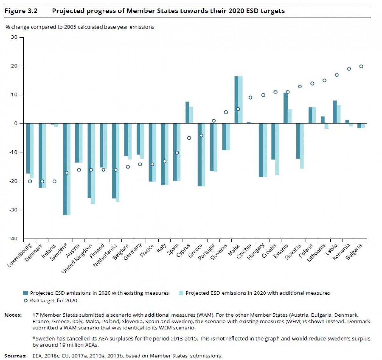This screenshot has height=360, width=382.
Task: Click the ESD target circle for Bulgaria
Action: [361, 66]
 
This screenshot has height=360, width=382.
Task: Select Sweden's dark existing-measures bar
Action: [65, 169]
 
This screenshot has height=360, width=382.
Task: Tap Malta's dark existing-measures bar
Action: [236, 100]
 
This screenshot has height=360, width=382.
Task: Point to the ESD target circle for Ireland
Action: [54, 182]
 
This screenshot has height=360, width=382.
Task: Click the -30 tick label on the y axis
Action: [13, 210]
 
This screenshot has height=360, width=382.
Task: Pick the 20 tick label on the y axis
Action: [14, 66]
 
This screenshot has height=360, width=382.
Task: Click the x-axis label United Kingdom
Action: [77, 259]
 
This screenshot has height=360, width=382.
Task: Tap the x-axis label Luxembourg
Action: [20, 255]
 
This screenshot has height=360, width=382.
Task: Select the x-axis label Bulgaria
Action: [354, 252]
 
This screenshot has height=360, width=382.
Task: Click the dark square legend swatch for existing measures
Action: [25, 293]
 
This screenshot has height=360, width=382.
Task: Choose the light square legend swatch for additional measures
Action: [181, 293]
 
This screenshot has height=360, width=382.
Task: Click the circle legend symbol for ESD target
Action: [25, 301]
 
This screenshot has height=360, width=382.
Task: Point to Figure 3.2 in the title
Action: [21, 11]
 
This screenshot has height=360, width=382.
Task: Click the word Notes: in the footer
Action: [13, 315]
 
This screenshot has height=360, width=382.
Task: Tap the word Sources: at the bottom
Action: [15, 356]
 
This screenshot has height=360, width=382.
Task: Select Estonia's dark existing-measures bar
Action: [286, 108]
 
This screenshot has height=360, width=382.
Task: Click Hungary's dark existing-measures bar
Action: [261, 150]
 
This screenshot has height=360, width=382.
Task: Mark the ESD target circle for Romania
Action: [349, 69]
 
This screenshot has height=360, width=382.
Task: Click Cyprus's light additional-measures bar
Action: [191, 115]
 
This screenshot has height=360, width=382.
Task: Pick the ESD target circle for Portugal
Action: [214, 121]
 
